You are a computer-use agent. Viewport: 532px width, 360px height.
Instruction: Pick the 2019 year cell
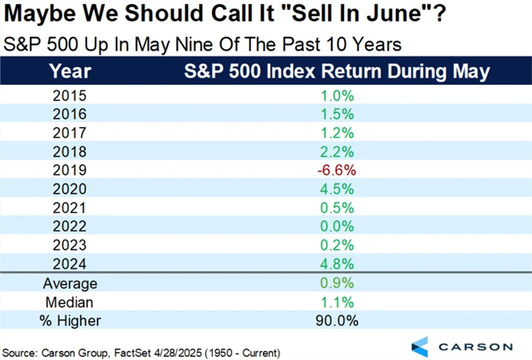[69, 169]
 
